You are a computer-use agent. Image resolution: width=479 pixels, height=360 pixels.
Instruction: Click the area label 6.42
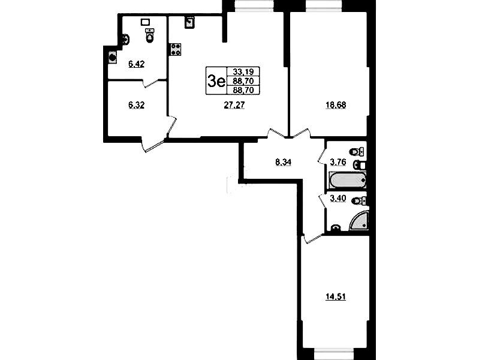point(136,64)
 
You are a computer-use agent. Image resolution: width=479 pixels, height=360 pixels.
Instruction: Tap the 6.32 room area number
point(136,105)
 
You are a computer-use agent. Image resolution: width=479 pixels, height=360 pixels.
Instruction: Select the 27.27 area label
point(234,105)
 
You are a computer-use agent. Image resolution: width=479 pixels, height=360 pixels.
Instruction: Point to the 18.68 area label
point(336,105)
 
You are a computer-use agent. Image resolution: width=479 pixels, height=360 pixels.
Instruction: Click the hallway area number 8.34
point(283,162)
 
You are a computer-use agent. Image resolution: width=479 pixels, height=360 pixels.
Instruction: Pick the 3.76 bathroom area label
point(338,162)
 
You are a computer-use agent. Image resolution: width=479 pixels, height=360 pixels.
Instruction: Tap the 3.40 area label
point(338,199)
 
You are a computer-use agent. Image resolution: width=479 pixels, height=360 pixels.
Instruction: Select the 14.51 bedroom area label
point(336,296)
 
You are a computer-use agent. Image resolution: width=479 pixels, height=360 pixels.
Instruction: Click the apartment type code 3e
point(216,81)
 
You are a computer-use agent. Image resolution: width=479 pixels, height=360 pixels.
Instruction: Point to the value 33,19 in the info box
point(243,71)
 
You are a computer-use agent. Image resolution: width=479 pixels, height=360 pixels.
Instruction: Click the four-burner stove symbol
point(176,50)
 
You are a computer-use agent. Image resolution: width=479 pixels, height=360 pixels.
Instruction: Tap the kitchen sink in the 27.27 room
point(189,22)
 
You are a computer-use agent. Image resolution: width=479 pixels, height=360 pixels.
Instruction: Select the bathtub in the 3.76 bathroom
point(348,180)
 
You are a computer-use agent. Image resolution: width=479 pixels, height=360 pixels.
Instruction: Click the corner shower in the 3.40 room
point(360,220)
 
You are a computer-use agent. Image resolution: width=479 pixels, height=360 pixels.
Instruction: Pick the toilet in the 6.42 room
point(150,35)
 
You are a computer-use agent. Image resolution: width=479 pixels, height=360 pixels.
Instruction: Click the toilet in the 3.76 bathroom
point(356,151)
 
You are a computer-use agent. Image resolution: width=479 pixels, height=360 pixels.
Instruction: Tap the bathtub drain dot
point(363,180)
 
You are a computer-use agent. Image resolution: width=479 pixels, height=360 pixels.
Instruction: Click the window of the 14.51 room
point(335,354)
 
